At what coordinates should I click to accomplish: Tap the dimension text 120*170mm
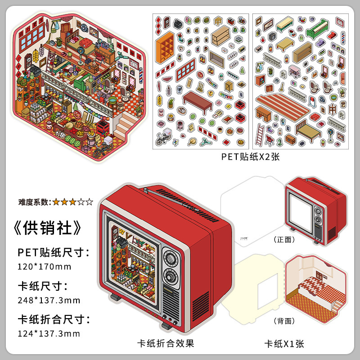(45, 266)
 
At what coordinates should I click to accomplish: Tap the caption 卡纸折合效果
(166, 343)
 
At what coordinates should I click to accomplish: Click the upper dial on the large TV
(171, 259)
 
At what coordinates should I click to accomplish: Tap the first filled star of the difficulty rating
(56, 202)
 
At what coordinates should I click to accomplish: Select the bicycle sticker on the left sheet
(163, 139)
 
